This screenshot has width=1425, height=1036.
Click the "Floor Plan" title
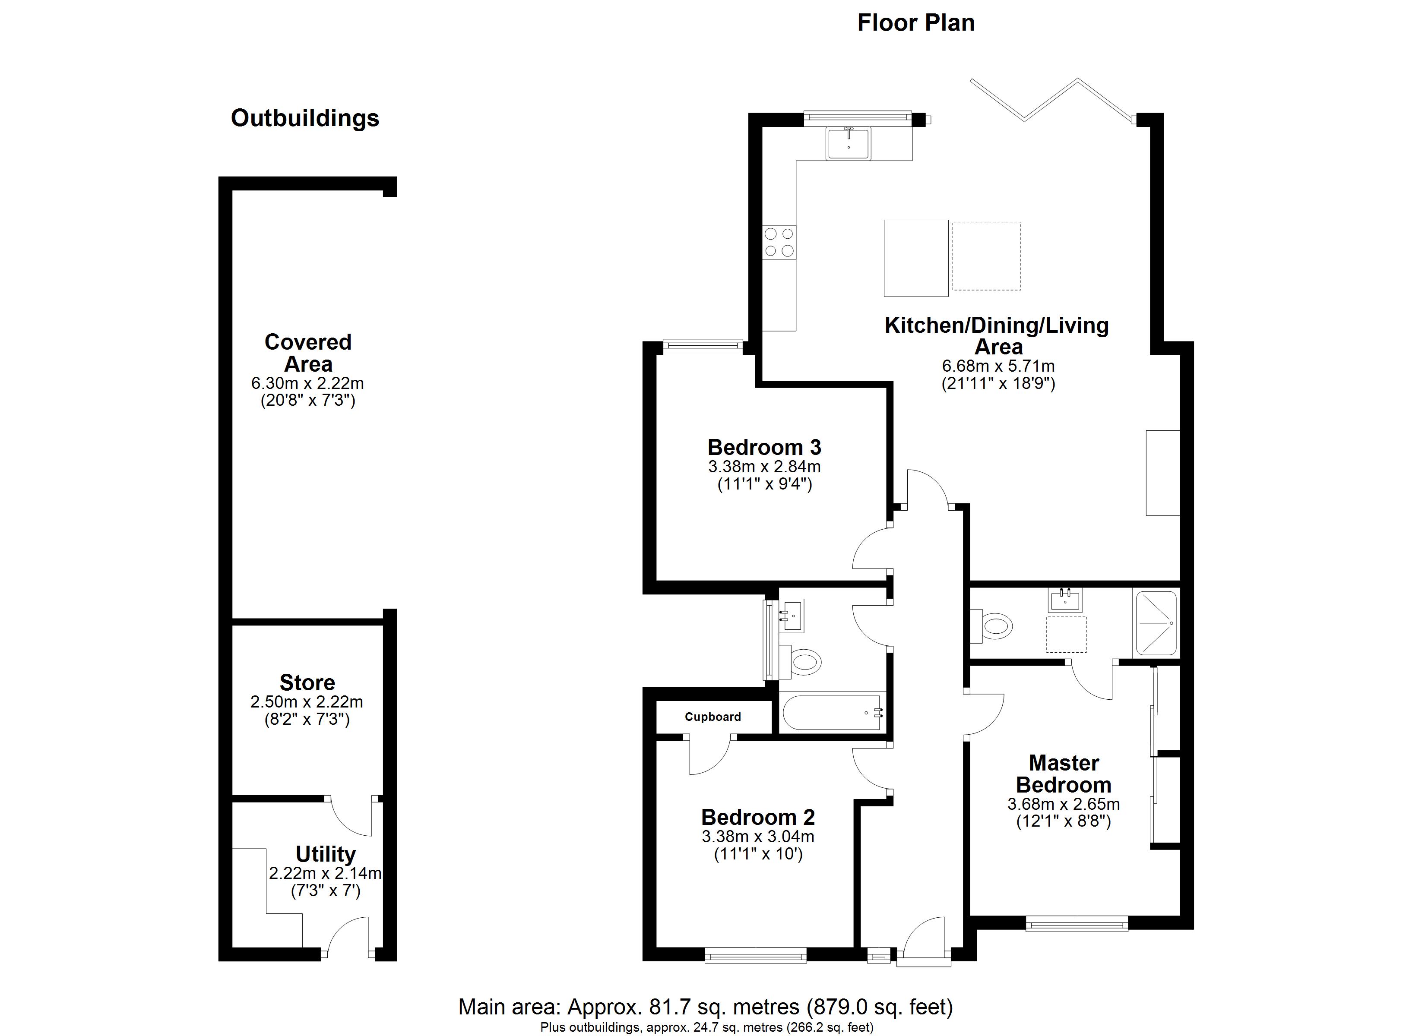915,23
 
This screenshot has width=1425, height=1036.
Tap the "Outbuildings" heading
305,118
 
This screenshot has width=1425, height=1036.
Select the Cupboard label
712,717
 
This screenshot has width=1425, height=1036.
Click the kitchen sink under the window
848,143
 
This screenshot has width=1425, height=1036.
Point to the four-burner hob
779,243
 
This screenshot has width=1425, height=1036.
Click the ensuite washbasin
1065,600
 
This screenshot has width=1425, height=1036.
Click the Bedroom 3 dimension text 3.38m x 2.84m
764,467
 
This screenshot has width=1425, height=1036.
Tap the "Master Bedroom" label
1064,774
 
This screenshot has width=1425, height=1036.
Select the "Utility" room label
326,854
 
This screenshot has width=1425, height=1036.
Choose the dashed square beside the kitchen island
986,256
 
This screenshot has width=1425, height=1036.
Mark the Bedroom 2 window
755,956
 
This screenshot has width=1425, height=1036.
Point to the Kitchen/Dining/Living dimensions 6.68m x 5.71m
998,366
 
